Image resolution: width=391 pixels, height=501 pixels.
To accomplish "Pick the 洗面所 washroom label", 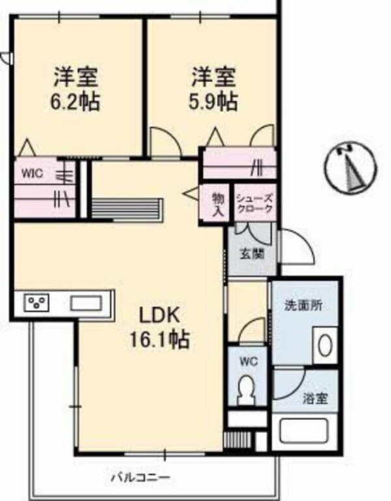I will point(302,305).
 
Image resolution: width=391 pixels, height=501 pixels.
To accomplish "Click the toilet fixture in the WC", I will point(247,390).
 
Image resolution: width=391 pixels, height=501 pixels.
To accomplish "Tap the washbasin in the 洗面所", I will point(325,344).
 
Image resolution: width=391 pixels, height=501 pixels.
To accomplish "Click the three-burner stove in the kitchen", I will point(36,303).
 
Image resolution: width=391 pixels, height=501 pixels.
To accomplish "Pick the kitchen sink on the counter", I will point(85,303).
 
